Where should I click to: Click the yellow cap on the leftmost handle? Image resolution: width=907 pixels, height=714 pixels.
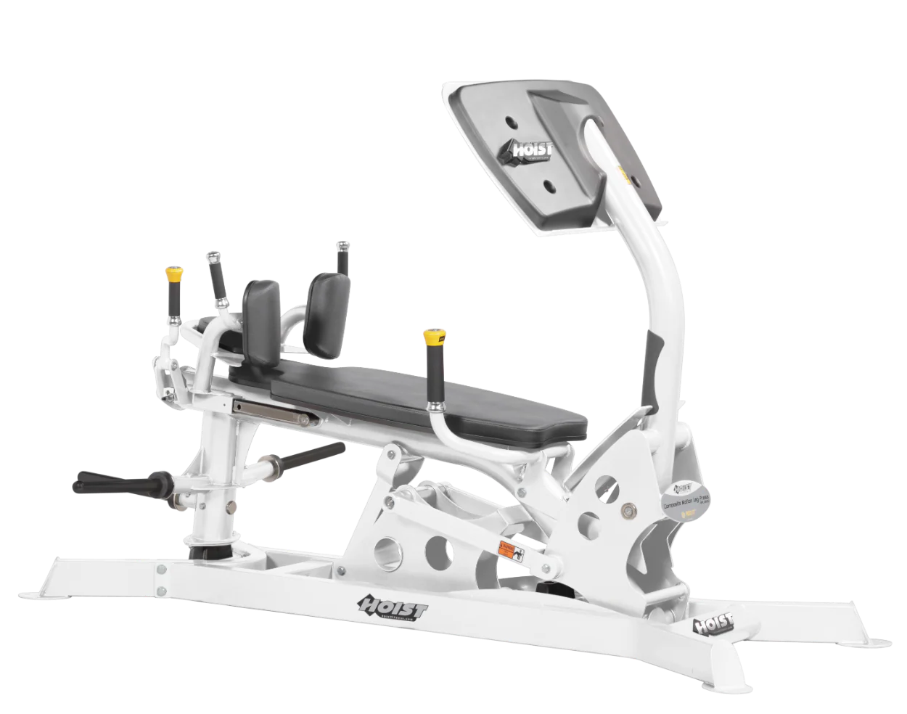[x=173, y=274]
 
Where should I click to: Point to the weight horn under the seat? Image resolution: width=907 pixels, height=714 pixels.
[x=297, y=458]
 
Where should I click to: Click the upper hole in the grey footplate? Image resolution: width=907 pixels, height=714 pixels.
[x=512, y=122]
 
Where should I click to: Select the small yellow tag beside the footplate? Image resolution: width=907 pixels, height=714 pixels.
[x=621, y=174]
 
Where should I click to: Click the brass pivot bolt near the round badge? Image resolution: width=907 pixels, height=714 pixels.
[x=626, y=511]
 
